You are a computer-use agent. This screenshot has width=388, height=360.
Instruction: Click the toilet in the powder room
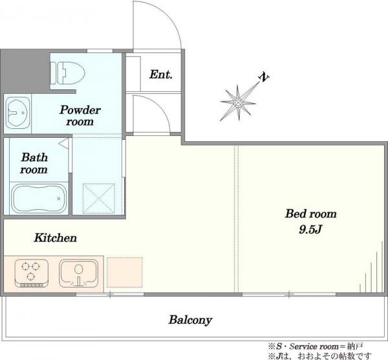67,73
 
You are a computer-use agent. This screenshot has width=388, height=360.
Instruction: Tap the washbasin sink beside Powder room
17,113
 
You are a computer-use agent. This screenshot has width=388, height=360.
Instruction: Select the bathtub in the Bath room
39,198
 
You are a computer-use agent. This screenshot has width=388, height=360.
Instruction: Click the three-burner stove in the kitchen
31,273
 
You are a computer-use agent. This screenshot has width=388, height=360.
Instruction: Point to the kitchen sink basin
79,273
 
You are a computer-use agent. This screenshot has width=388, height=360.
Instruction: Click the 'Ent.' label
160,74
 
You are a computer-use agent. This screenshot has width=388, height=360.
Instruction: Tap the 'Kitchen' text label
55,238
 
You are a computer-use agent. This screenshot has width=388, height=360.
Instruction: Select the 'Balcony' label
190,320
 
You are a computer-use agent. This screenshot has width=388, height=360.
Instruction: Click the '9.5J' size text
310,229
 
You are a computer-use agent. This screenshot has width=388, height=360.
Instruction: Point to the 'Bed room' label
311,214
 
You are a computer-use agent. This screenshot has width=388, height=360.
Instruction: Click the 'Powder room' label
80,116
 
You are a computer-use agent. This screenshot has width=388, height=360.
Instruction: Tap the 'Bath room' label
34,164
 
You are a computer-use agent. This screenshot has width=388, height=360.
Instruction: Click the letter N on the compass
264,77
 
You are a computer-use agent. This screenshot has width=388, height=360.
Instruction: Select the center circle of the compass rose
238,102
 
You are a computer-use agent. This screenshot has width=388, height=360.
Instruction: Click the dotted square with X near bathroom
99,199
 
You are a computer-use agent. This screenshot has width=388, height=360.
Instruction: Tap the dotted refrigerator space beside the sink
124,272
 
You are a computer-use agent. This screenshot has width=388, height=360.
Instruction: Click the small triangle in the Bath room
64,144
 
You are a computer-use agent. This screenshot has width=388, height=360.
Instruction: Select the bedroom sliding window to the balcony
289,295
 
